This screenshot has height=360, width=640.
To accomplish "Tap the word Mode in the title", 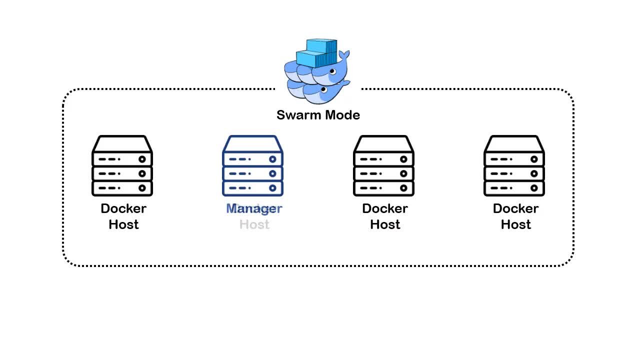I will pos(341,115).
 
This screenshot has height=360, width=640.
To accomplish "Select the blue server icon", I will pos(253,166).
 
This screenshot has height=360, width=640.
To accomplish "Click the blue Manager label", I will pos(254,208).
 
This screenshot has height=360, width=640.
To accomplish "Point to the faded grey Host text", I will pos(254,224).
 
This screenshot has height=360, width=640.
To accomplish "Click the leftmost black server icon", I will pos(122,166).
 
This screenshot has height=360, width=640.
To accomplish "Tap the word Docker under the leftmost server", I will pos(123,208).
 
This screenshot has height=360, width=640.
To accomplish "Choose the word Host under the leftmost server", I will pos(123,224).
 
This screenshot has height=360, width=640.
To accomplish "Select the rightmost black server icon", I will pos(514,166).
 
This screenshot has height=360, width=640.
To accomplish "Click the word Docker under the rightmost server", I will pos(515,208).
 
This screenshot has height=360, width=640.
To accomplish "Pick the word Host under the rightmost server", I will pos(515,224).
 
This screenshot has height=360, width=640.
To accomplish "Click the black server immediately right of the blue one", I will pos(383,166).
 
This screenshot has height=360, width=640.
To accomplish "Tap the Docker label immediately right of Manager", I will pos(385,208).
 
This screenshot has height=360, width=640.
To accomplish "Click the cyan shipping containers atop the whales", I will pos(317,52).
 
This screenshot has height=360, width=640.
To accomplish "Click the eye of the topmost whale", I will pos(332,72).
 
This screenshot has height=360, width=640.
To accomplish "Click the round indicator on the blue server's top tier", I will pos(272,159).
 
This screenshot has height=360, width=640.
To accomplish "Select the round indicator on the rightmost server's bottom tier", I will pos(534,188).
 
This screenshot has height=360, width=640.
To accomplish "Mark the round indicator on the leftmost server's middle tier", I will pos(142,173).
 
